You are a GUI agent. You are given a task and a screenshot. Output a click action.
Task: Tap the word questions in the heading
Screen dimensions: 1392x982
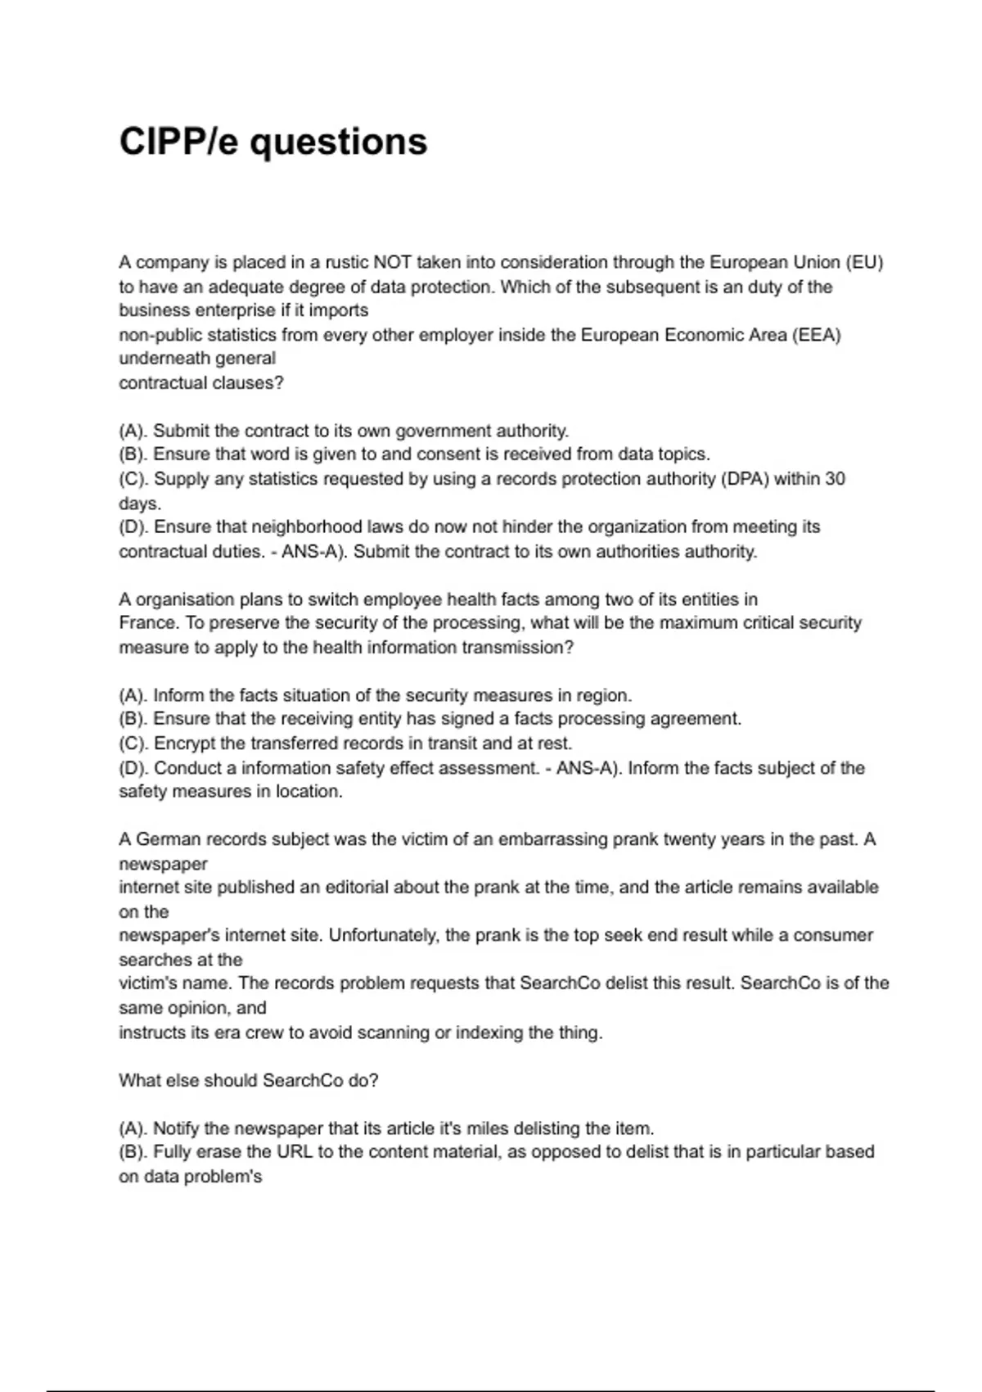pos(338,142)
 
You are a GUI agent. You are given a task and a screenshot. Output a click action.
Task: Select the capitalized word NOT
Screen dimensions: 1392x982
pos(392,263)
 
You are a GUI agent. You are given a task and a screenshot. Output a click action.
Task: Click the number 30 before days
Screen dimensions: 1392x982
pos(835,479)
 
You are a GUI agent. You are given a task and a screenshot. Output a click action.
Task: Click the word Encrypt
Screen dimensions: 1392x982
pos(184,743)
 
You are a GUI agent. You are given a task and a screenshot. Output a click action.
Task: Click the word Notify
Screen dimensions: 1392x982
pos(176,1128)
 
